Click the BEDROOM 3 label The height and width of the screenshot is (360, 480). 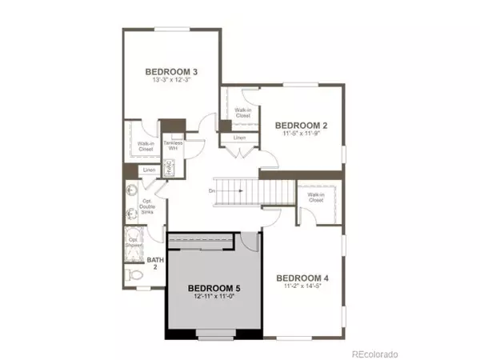tap(172, 71)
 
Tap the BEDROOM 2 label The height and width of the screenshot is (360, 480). tap(301, 125)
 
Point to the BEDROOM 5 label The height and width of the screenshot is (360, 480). tap(214, 287)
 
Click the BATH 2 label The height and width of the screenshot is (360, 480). tap(155, 263)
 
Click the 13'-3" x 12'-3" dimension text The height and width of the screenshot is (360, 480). tap(172, 81)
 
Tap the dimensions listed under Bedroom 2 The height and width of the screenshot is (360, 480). tap(301, 134)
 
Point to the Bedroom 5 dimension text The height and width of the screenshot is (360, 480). tap(214, 296)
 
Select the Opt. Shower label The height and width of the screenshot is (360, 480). tap(134, 242)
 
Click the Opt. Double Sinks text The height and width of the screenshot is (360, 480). tap(135, 209)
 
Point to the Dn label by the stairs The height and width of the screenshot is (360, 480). tap(212, 190)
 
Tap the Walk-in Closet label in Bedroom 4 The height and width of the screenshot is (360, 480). tap(316, 198)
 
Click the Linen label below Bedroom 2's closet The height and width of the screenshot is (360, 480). tap(239, 138)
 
